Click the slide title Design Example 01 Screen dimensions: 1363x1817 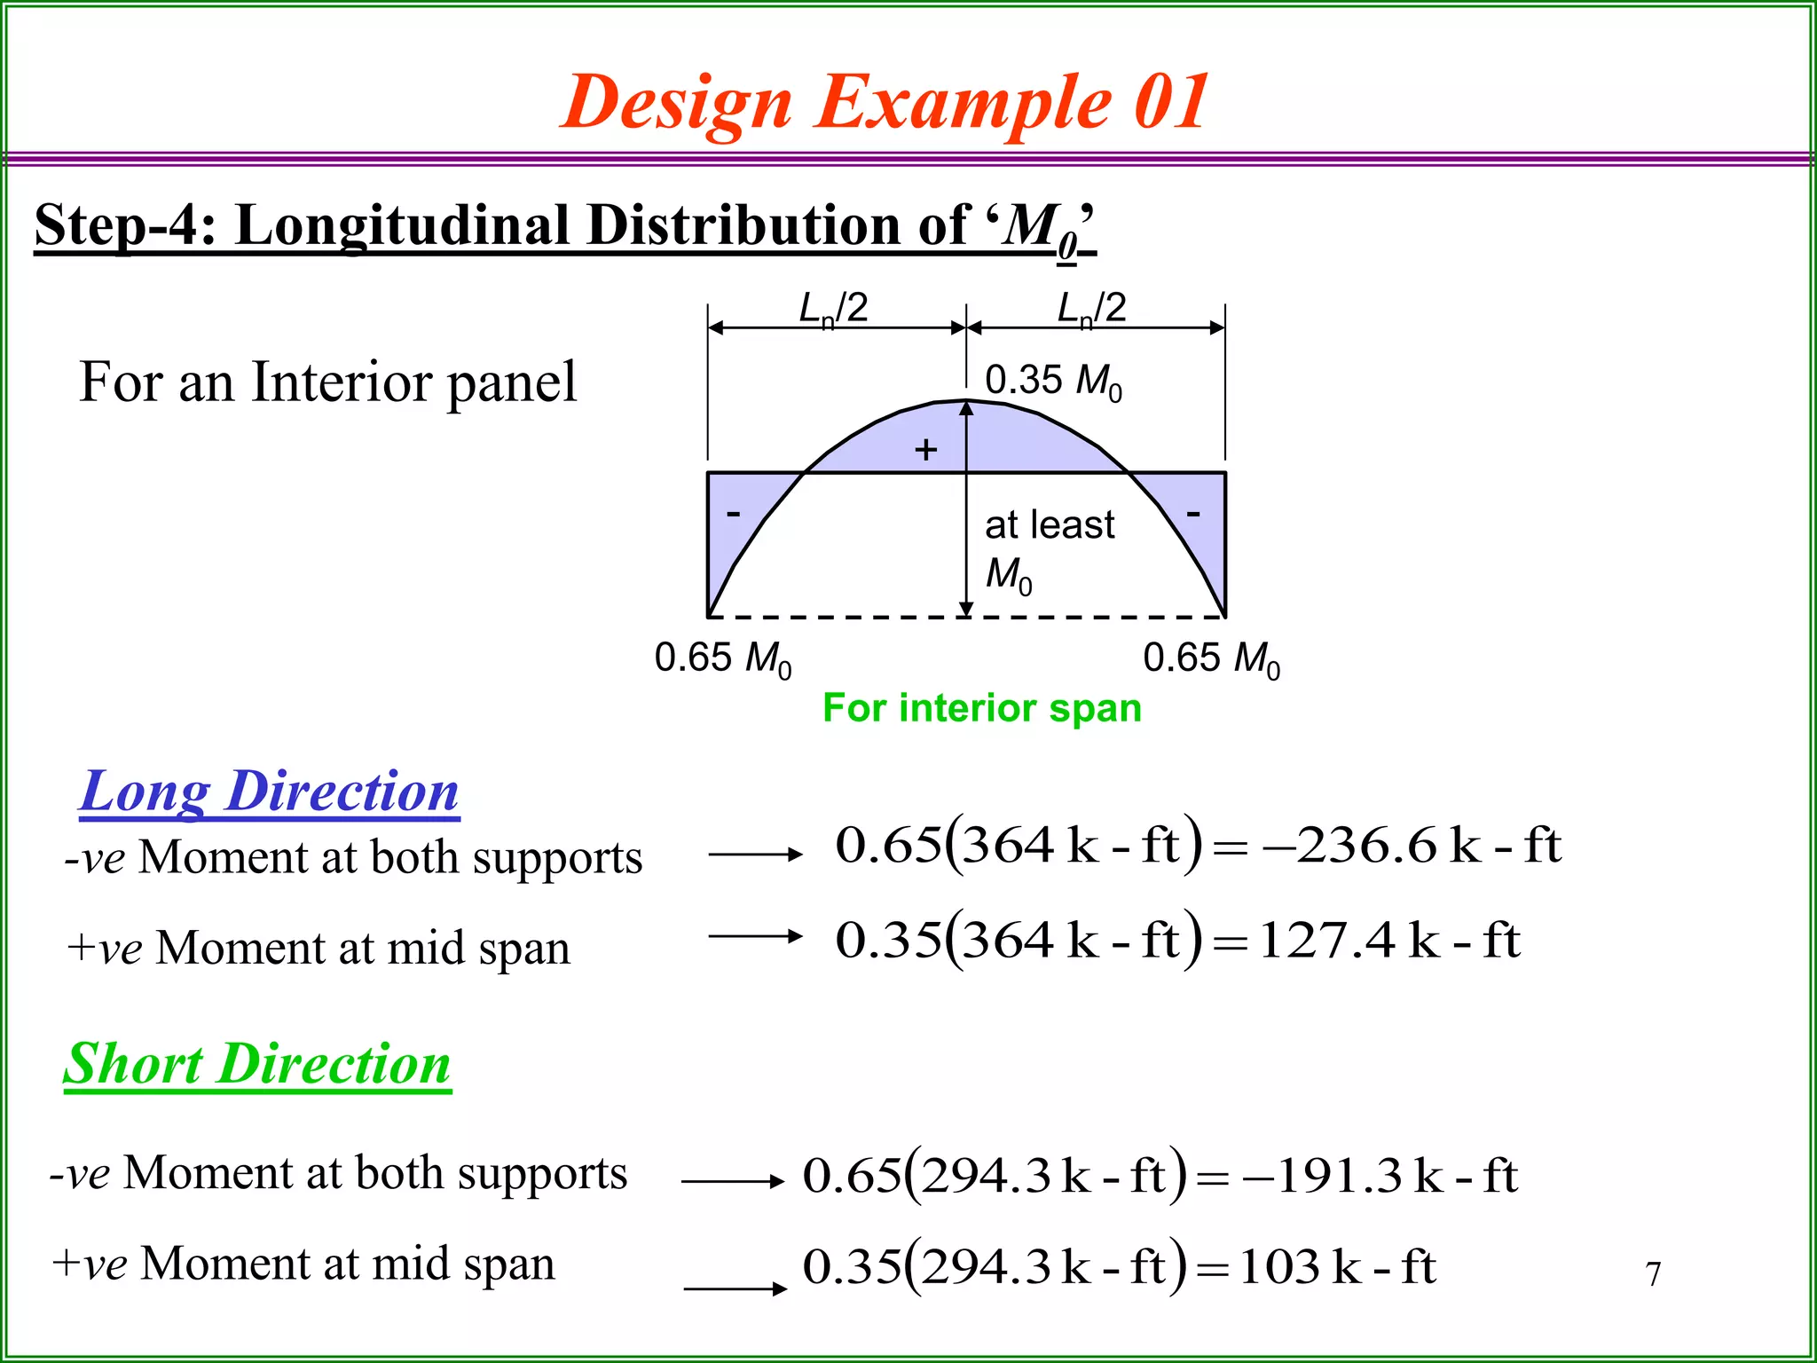885,103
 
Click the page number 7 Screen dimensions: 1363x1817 1653,1274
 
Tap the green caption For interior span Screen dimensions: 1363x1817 981,708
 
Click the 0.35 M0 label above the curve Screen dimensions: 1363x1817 1053,381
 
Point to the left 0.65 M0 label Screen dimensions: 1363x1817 722,659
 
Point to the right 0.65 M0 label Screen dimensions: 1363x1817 1211,659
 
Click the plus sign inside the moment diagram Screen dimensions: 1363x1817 925,450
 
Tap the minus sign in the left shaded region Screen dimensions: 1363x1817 733,513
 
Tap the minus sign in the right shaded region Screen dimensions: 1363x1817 1193,513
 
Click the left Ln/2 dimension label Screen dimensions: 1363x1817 832,309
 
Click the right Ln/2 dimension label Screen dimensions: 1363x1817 1091,309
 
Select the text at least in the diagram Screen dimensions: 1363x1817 1049,524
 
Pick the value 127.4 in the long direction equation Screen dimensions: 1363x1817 1326,940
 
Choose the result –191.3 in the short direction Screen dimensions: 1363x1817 1322,1176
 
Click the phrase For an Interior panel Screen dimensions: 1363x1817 327,382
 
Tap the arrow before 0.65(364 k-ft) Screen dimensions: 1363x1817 755,855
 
